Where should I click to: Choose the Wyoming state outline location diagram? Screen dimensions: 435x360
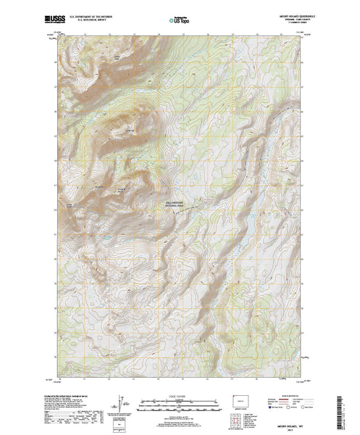tap(240, 401)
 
